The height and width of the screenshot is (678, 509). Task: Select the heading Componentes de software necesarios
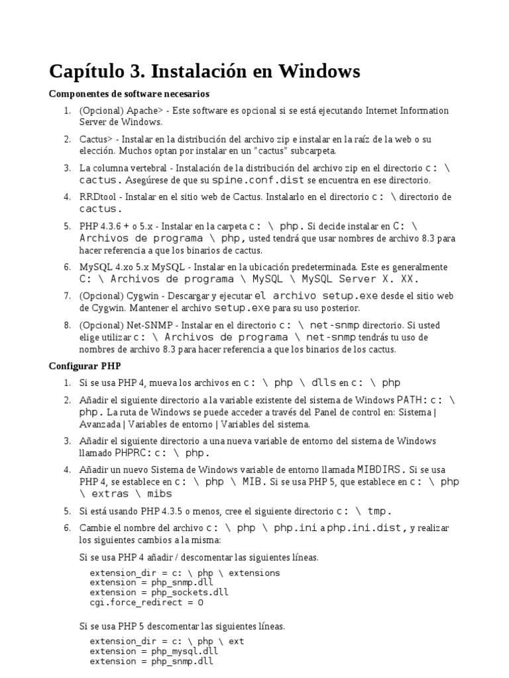pyautogui.click(x=129, y=94)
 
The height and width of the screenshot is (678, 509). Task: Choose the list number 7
pyautogui.click(x=68, y=296)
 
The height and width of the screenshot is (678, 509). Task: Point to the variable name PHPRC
pyautogui.click(x=133, y=454)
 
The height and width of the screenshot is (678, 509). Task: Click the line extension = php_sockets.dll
pyautogui.click(x=159, y=593)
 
